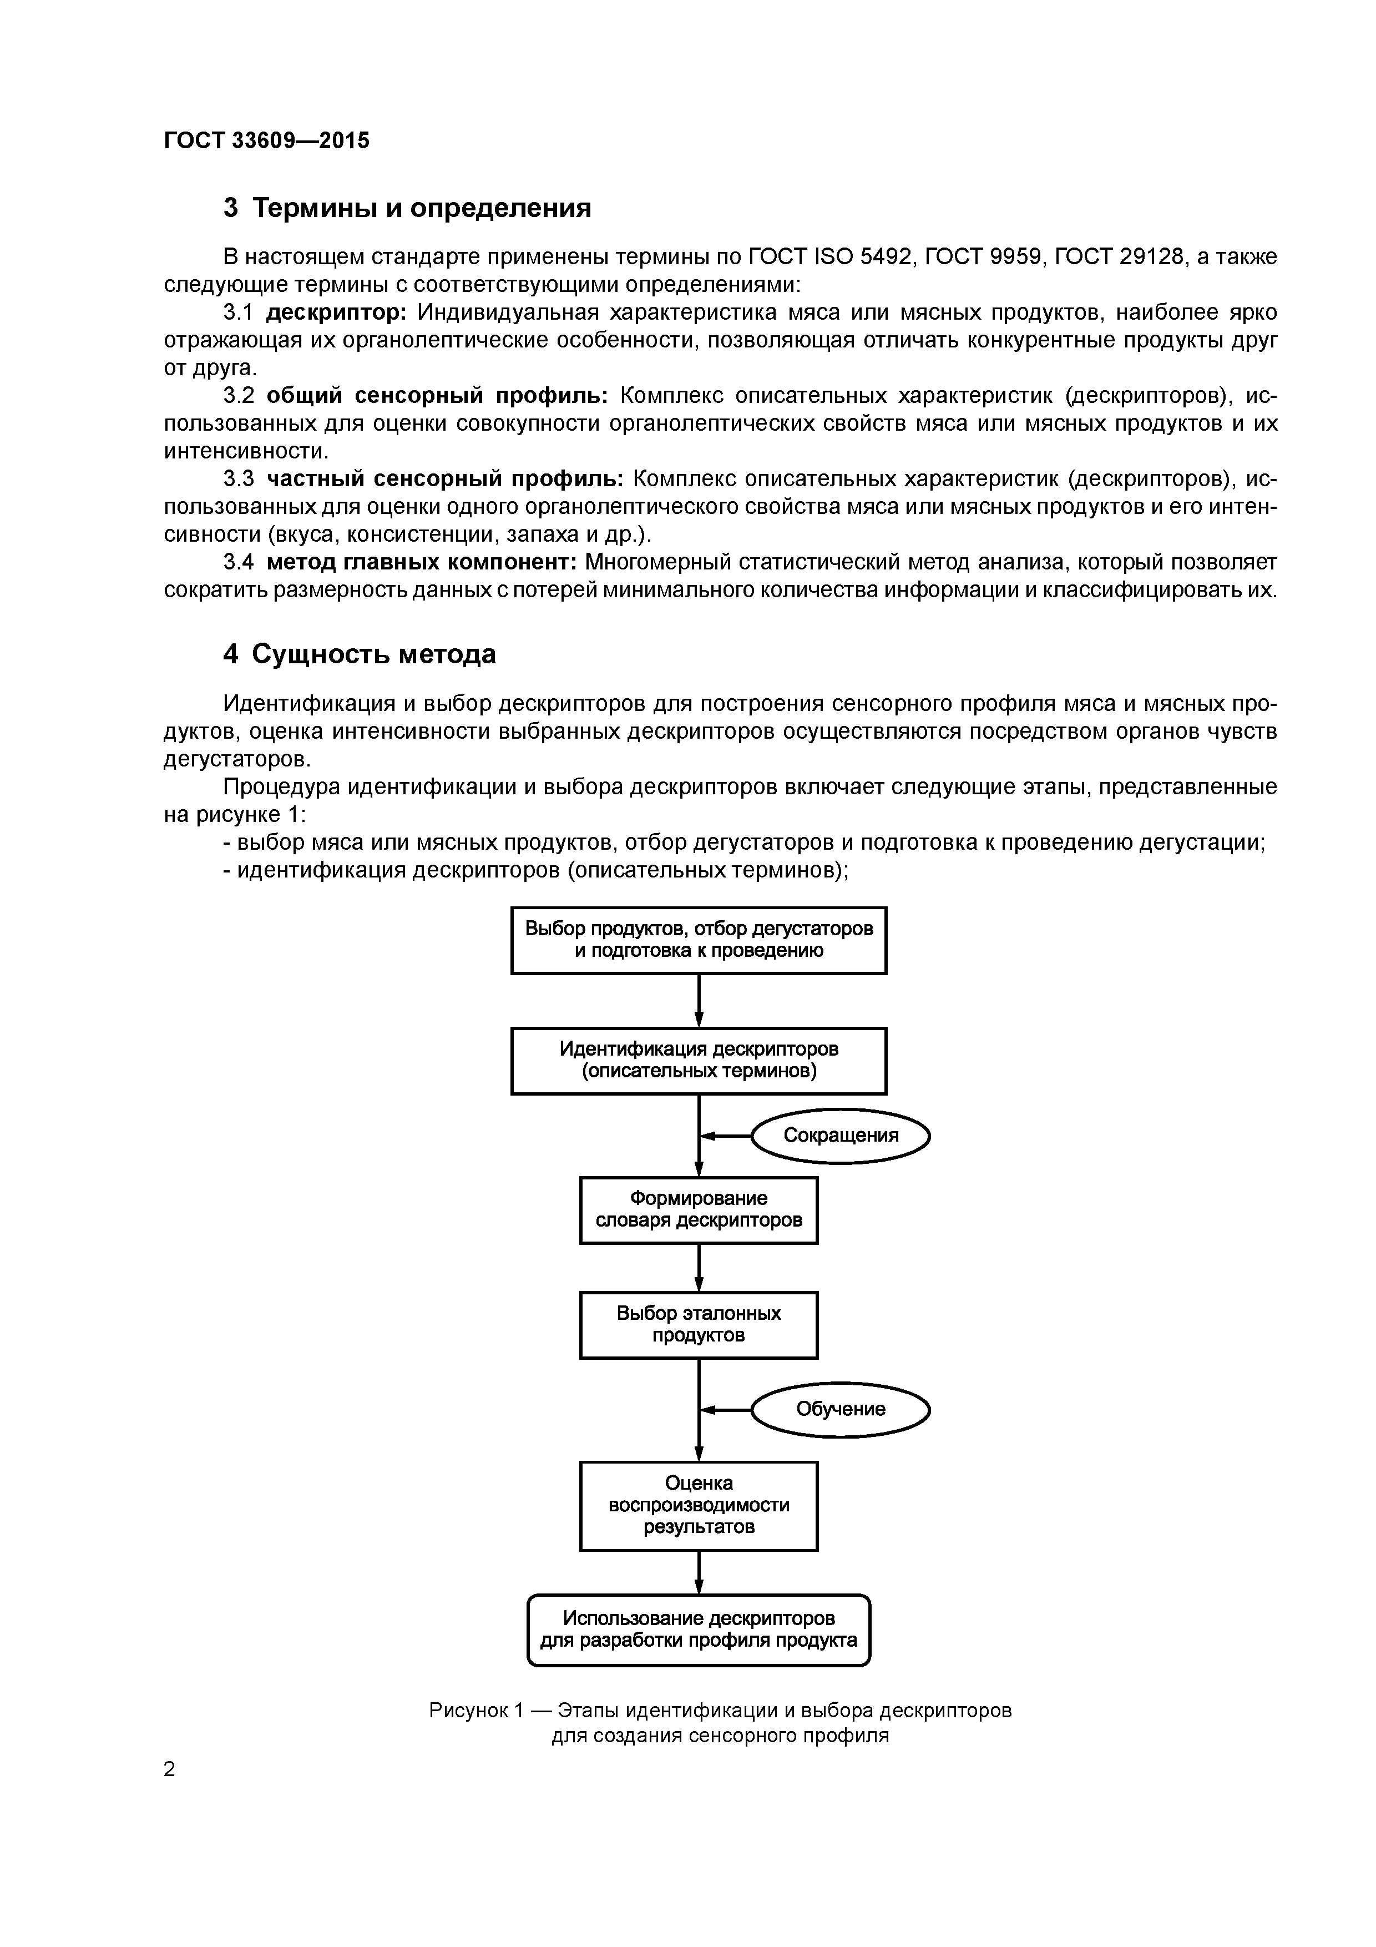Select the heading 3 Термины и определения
tap(407, 208)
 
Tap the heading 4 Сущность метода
tap(360, 654)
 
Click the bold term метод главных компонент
tap(421, 562)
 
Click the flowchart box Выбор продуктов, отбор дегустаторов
tap(699, 940)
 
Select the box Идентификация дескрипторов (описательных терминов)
tap(699, 1060)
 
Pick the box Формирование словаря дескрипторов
tap(699, 1209)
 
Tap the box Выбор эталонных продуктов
tap(699, 1325)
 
